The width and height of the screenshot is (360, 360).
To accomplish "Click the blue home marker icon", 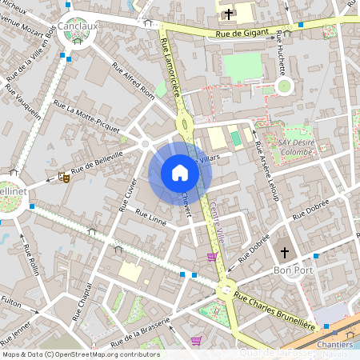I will [180, 173].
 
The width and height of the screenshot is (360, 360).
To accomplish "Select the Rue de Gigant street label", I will [241, 34].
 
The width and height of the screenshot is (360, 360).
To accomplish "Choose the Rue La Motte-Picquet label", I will [86, 116].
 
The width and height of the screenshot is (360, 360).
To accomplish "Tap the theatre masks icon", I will [63, 178].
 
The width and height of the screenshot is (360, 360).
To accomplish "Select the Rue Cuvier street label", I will [129, 193].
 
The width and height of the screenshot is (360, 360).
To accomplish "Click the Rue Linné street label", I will [150, 216].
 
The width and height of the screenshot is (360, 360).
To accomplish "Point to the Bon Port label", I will [293, 271].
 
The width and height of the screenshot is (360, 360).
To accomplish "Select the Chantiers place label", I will [335, 344].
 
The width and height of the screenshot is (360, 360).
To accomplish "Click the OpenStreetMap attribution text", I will [81, 354].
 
